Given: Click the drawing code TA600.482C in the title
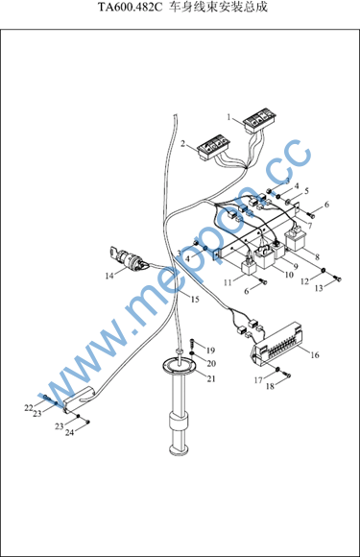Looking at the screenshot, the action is [x=130, y=7].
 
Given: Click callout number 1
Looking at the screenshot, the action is [x=229, y=117].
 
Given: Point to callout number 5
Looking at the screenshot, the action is [x=306, y=191].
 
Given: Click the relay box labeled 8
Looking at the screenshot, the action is [x=298, y=239].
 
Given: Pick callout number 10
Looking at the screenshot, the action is [x=289, y=275].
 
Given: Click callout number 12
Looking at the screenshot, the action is [x=304, y=281].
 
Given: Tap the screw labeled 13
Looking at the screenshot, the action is [x=338, y=279].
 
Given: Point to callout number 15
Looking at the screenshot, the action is [x=195, y=300].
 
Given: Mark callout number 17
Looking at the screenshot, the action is [x=258, y=380].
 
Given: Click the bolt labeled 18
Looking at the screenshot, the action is [x=287, y=374].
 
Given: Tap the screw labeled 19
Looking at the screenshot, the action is [x=192, y=344].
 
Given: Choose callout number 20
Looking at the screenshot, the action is [x=211, y=363].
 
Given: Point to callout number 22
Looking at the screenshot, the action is [x=29, y=408].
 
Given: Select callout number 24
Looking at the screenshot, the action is [x=69, y=432].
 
